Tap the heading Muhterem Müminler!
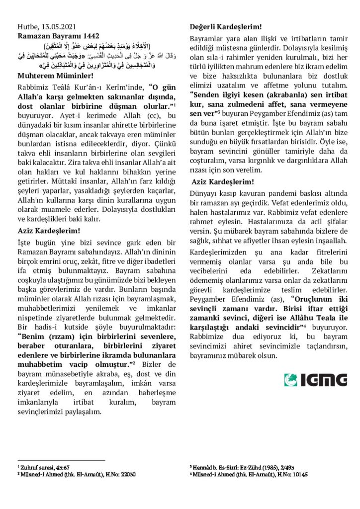click(x=55, y=76)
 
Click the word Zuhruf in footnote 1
click(x=30, y=468)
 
